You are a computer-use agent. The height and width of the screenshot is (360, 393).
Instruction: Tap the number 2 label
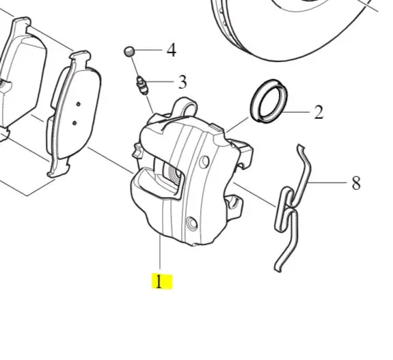point(319,112)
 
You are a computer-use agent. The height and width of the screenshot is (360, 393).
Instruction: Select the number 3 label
point(182,82)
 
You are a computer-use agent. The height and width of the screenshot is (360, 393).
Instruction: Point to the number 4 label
point(172,50)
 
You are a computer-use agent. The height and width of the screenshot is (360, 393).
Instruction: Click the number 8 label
point(356,183)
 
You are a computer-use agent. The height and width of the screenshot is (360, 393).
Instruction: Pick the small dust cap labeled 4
point(129,52)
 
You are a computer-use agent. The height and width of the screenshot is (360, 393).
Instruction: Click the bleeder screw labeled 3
point(142,85)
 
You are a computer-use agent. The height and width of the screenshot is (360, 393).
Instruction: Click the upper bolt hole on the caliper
point(204,162)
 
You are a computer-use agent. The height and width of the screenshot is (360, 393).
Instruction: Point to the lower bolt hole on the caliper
point(192,223)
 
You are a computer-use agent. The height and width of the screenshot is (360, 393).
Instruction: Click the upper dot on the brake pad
point(79,104)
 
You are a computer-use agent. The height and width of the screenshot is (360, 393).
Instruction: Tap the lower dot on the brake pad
point(74,123)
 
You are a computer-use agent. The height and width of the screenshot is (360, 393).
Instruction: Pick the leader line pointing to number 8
point(327,182)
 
